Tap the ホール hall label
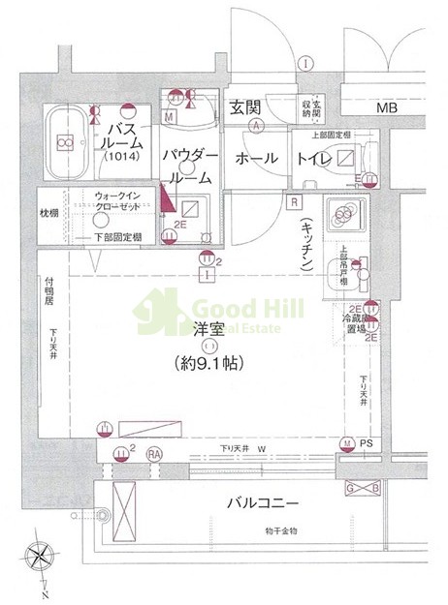pyautogui.click(x=256, y=159)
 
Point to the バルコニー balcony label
pyautogui.click(x=263, y=503)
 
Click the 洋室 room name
pyautogui.click(x=207, y=330)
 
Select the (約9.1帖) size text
pyautogui.click(x=208, y=364)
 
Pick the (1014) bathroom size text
pyautogui.click(x=122, y=156)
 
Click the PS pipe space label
pyautogui.click(x=365, y=445)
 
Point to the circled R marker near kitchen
pyautogui.click(x=292, y=200)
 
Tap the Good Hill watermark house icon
pyautogui.click(x=167, y=310)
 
